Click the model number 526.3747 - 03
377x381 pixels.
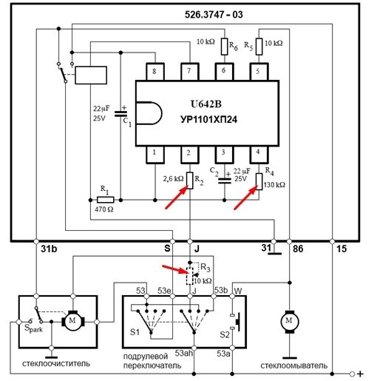(x=214, y=15)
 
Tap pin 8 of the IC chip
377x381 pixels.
(x=155, y=72)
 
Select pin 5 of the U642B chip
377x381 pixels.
(x=259, y=72)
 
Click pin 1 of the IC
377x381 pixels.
(x=155, y=155)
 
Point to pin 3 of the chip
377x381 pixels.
(x=224, y=155)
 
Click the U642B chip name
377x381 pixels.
(x=206, y=104)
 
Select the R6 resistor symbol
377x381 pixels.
(x=224, y=47)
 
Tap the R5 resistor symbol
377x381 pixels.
(x=259, y=47)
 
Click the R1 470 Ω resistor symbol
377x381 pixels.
(x=106, y=200)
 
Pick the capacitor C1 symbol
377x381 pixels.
(x=120, y=114)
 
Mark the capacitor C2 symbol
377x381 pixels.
(x=225, y=181)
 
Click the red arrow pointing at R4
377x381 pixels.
(x=245, y=198)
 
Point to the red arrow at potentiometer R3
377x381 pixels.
(x=175, y=269)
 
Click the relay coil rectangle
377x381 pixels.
(x=91, y=75)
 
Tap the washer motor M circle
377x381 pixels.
(x=290, y=322)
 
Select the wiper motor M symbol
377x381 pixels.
(x=73, y=321)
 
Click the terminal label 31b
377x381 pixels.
(x=49, y=249)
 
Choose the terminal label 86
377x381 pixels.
(x=298, y=249)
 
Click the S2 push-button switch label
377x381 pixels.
(x=225, y=334)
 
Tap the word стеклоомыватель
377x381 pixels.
(x=294, y=365)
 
